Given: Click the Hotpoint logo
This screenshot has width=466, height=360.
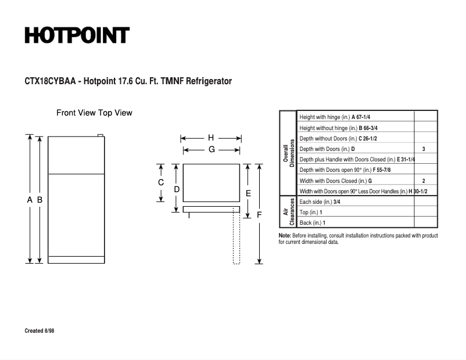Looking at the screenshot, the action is coord(77,35).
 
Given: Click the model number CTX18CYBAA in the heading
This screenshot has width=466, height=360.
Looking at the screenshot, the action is coord(50,81).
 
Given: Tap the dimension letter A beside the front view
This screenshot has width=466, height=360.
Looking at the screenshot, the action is coord(30,200).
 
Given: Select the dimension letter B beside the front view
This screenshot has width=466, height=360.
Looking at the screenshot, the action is coord(40,200).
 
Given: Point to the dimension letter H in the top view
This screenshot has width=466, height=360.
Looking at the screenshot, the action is coord(211,138).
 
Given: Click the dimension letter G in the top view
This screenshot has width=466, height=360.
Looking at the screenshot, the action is coord(212,149).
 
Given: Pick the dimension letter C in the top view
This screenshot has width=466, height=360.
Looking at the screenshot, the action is coord(161,182).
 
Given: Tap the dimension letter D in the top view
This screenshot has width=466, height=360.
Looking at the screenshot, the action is coord(177,189).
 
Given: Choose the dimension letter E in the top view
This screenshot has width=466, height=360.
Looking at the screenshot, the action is coord(248,193).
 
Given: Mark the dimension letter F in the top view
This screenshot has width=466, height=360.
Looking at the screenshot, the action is coord(259,215).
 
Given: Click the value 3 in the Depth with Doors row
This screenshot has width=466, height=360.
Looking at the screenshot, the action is coord(424,149).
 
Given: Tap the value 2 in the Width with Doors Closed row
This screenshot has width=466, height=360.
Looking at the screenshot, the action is coord(424,181).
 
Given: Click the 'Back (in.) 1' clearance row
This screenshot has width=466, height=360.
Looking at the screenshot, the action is coord(313,223).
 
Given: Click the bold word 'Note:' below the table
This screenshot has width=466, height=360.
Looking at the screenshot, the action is coord(285,236).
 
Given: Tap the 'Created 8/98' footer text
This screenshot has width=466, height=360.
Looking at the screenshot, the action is coord(40,331).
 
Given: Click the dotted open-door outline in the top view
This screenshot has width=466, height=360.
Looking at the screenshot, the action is coord(236,238).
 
